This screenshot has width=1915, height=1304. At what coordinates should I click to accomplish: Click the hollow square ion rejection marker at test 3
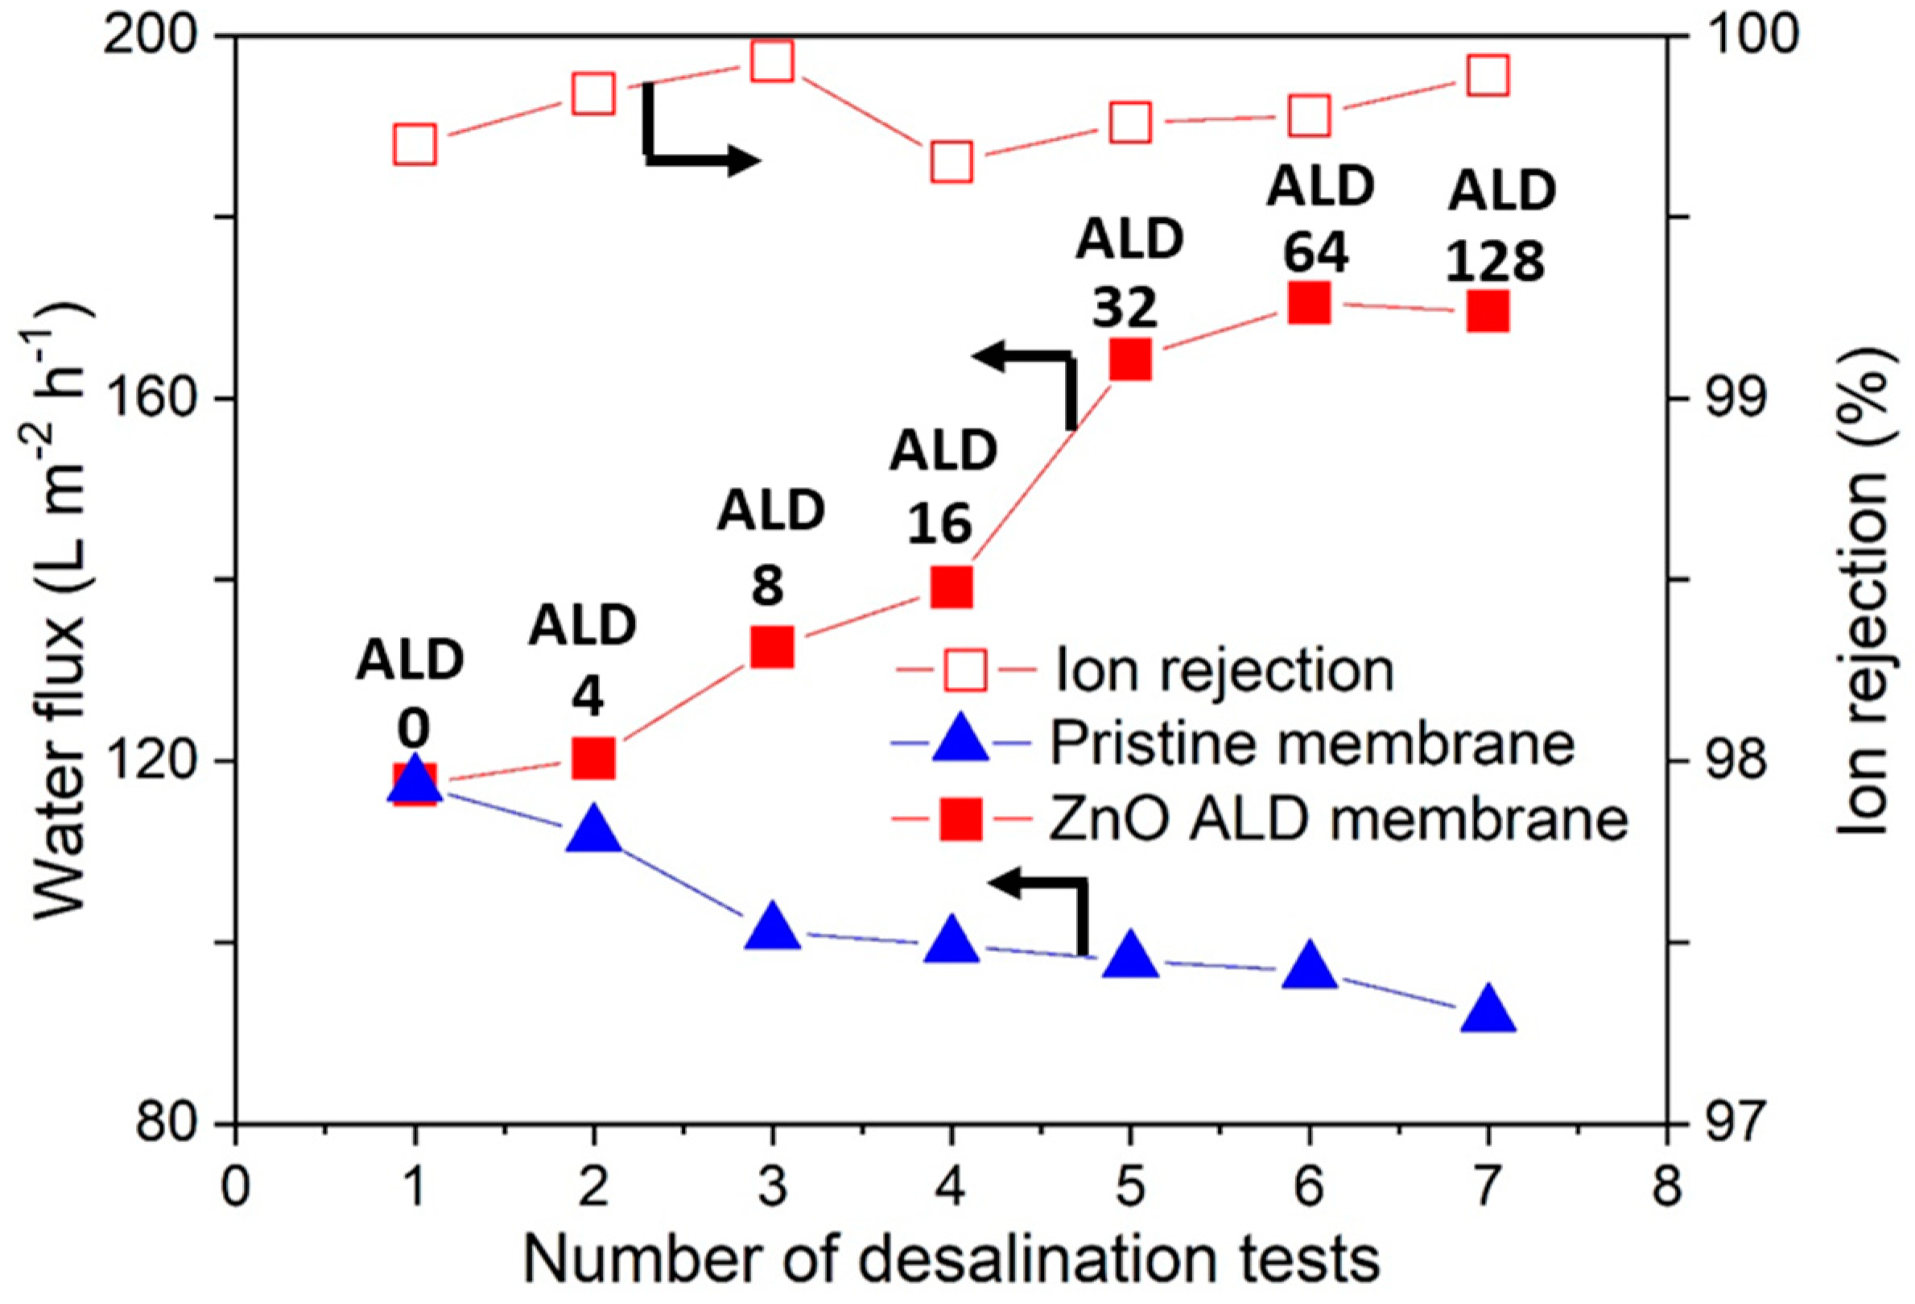click(x=772, y=62)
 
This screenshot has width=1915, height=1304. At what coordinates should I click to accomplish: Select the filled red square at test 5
click(x=1129, y=359)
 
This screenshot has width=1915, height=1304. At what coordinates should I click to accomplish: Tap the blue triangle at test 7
click(x=1488, y=1012)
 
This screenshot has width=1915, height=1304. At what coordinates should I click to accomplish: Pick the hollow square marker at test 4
click(x=951, y=162)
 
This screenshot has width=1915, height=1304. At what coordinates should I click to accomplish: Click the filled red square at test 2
click(x=593, y=759)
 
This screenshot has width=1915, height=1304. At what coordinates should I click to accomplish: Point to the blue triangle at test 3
click(x=772, y=927)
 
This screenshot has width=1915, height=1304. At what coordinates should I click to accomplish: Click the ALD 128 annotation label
click(x=1501, y=226)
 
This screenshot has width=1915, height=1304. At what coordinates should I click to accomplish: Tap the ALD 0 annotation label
click(x=411, y=694)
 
